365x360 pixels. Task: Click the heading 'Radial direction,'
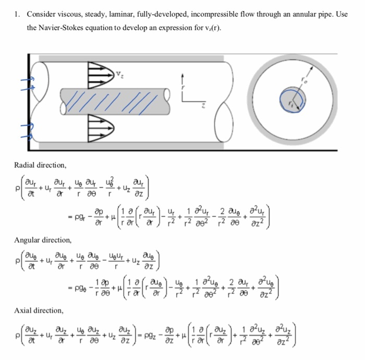pos(40,165)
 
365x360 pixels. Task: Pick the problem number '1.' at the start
pos(17,14)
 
